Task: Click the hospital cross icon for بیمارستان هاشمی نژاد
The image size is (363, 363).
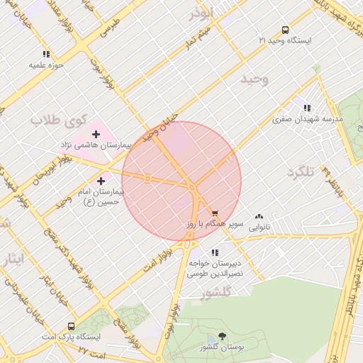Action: point(96,134)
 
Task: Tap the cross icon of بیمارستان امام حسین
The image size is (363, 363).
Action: point(101,181)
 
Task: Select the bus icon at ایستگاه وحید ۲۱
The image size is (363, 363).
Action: point(285,30)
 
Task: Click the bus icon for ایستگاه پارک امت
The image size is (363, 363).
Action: point(71,326)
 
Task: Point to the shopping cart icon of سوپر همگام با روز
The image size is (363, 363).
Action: point(215,212)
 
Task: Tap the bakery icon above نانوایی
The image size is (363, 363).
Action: point(259,216)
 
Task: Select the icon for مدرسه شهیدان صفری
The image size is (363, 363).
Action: point(306,108)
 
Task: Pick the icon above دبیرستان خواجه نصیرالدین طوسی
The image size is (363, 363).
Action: point(215,252)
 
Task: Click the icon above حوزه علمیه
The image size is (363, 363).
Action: point(47,54)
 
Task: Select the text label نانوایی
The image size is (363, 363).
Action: point(259,228)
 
